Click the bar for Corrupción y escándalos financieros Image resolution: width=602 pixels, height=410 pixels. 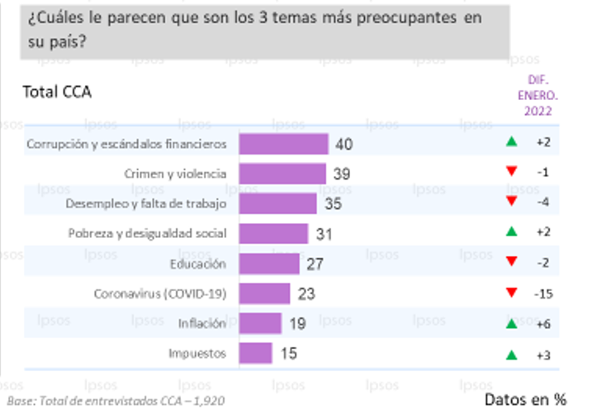pyautogui.click(x=284, y=144)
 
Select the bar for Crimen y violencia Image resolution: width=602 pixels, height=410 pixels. pyautogui.click(x=282, y=174)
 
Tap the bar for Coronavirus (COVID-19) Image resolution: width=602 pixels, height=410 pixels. pyautogui.click(x=265, y=293)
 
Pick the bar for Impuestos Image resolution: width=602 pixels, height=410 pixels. pyautogui.click(x=256, y=353)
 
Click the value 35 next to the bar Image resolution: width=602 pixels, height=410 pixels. pyautogui.click(x=334, y=204)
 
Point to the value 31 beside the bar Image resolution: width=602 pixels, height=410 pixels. pyautogui.click(x=325, y=234)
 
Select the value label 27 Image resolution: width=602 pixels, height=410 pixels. pyautogui.click(x=315, y=264)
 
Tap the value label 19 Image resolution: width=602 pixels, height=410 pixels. pyautogui.click(x=298, y=324)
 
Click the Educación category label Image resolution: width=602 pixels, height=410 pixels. pyautogui.click(x=197, y=264)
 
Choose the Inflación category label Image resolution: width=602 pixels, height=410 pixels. pyautogui.click(x=202, y=324)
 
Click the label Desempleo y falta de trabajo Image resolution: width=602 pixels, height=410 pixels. pyautogui.click(x=157, y=203)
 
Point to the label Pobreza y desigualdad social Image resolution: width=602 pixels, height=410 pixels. pyautogui.click(x=159, y=234)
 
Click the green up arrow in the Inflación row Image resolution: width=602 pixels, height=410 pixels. pyautogui.click(x=512, y=324)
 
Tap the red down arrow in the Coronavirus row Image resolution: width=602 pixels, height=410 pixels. pyautogui.click(x=512, y=293)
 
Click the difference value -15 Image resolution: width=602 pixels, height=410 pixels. pyautogui.click(x=543, y=293)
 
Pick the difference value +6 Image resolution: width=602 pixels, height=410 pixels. pyautogui.click(x=543, y=324)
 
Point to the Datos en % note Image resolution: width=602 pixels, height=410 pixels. pyautogui.click(x=525, y=399)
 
